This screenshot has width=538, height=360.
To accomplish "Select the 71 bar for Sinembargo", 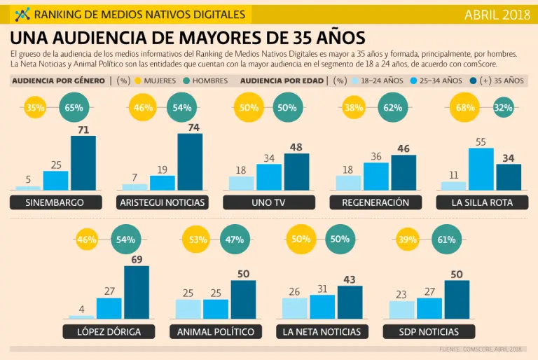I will pos(83,163).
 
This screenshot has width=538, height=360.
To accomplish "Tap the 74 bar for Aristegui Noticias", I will pos(190,162).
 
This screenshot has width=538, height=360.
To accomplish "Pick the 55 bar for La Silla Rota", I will pos(482,169).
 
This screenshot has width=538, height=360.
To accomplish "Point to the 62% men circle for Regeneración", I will pos(392,109).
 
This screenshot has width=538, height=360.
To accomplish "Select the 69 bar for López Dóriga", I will pos(137,292).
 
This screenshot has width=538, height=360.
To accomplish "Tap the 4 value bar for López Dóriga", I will pos(81,317).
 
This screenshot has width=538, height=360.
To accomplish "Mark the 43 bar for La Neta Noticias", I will pos(350,302).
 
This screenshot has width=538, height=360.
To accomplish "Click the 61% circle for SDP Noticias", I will pos(446,240).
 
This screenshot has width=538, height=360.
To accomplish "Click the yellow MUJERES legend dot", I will pos(139,81).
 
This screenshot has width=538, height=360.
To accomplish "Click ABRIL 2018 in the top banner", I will pos(496,14).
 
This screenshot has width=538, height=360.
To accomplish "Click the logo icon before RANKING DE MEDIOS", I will pos(22,14).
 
